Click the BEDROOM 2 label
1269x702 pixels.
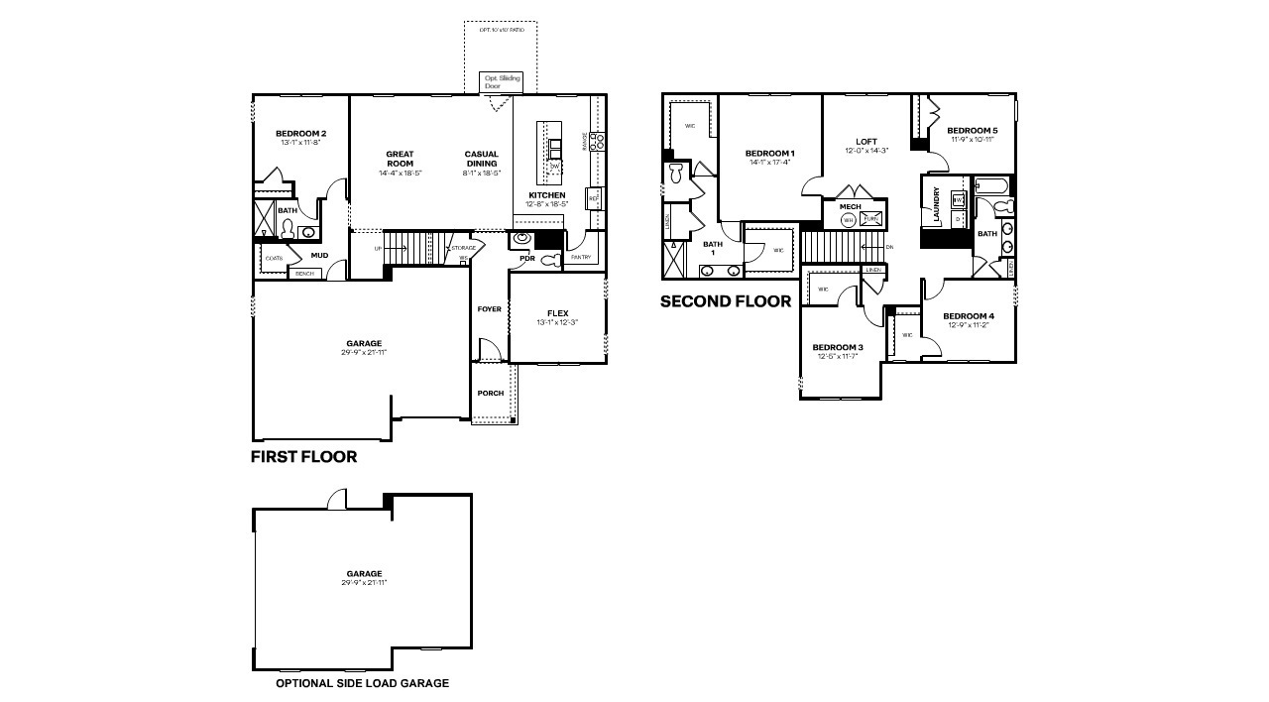coord(300,134)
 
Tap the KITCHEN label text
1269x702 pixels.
coord(546,195)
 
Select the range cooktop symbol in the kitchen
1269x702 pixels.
coord(598,142)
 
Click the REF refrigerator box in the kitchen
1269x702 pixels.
coord(594,197)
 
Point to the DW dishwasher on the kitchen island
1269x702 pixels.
coord(556,166)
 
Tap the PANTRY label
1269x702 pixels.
coord(580,258)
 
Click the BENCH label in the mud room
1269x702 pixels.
coord(304,273)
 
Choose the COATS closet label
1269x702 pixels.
coord(274,259)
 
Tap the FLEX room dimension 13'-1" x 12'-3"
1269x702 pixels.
coord(556,322)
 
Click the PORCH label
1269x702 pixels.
coord(490,393)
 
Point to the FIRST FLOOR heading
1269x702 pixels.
coord(303,457)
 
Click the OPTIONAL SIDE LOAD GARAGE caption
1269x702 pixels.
coord(362,683)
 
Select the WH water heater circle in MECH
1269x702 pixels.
coord(849,219)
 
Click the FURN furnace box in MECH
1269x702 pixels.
coord(872,219)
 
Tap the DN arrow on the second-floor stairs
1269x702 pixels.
coord(888,247)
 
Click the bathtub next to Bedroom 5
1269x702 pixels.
coord(991,185)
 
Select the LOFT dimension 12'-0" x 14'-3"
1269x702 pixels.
coord(866,151)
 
